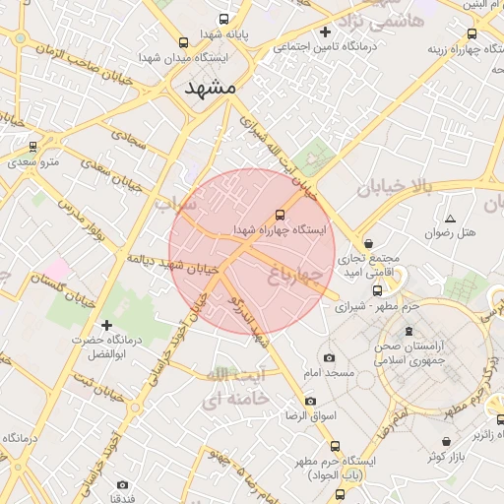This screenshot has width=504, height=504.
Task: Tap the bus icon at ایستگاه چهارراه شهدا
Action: [x=281, y=214]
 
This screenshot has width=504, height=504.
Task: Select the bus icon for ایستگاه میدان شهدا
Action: [x=183, y=42]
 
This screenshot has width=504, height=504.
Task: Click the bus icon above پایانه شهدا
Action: [x=225, y=19]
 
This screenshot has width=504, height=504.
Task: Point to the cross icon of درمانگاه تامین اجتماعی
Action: [x=326, y=31]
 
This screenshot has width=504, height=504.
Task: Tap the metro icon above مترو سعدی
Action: [x=33, y=147]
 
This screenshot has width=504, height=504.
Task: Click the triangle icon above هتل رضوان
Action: [x=450, y=219]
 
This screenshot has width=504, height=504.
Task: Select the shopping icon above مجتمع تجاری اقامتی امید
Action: [x=368, y=243]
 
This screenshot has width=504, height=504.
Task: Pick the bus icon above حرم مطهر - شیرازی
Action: [x=378, y=290]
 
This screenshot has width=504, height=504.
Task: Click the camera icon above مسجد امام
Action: [x=329, y=357]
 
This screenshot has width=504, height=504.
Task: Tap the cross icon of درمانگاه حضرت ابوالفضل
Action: [x=106, y=325]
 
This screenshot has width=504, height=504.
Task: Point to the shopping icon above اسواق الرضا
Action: [x=311, y=401]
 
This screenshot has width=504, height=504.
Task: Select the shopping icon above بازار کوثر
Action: [x=449, y=441]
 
